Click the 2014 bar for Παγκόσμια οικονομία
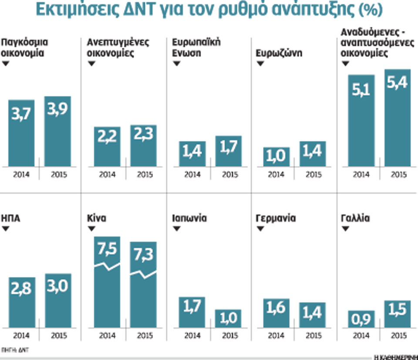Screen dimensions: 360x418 click(x=22, y=133)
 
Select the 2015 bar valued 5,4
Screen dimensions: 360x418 click(x=398, y=118)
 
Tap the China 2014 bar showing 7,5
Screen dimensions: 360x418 click(x=107, y=282)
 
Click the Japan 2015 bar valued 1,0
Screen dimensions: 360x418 click(x=228, y=319)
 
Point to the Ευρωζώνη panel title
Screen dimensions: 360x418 click(x=279, y=54)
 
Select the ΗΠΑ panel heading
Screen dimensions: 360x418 click(x=11, y=218)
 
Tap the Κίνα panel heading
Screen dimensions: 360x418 click(x=97, y=218)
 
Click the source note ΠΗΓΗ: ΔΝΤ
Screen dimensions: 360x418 click(x=11, y=350)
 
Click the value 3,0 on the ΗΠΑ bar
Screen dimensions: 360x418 click(x=57, y=288)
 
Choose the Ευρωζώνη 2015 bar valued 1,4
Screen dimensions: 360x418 click(x=313, y=153)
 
